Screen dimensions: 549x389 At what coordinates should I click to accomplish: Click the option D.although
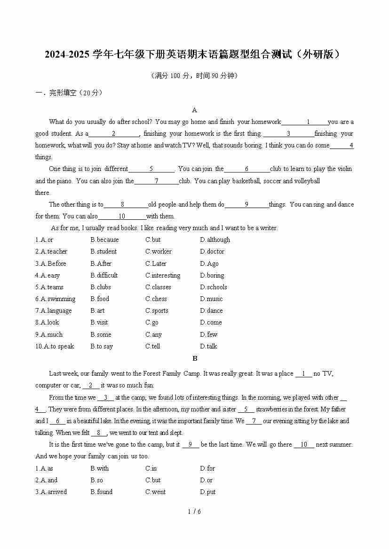215,240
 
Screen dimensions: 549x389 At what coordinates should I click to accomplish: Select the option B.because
104,240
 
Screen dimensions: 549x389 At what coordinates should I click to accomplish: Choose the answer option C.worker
159,251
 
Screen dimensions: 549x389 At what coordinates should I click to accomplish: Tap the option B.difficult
104,275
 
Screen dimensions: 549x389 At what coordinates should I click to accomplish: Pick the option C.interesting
163,275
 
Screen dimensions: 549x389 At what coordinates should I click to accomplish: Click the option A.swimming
56,299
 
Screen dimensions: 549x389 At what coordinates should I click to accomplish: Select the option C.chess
156,299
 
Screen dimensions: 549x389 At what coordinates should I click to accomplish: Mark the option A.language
54,310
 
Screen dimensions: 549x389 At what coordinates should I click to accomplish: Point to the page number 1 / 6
194,511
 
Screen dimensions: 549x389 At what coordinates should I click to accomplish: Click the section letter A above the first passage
195,110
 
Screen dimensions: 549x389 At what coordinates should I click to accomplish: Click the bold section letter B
195,358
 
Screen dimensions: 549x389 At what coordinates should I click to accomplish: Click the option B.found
102,492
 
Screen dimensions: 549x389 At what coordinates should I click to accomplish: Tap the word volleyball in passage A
305,181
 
